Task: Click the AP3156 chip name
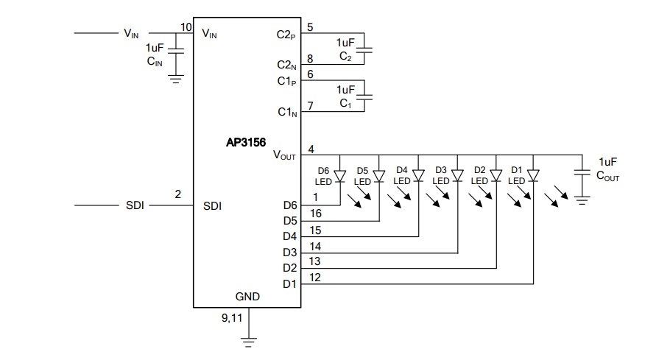[x=246, y=145]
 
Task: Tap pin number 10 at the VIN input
[x=186, y=27]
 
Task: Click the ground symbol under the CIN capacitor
[x=176, y=77]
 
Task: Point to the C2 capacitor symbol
[x=369, y=49]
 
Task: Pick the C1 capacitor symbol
[x=369, y=96]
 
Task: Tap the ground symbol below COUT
[x=582, y=200]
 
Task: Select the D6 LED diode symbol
[x=339, y=177]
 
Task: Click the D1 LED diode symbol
[x=533, y=177]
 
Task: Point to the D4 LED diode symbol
[x=418, y=177]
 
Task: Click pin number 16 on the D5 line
[x=315, y=213]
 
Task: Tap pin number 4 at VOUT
[x=311, y=149]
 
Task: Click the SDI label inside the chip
[x=213, y=206]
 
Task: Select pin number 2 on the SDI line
[x=177, y=194]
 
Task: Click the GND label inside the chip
[x=247, y=297]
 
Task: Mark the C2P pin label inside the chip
[x=286, y=34]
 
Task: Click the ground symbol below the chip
[x=249, y=340]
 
